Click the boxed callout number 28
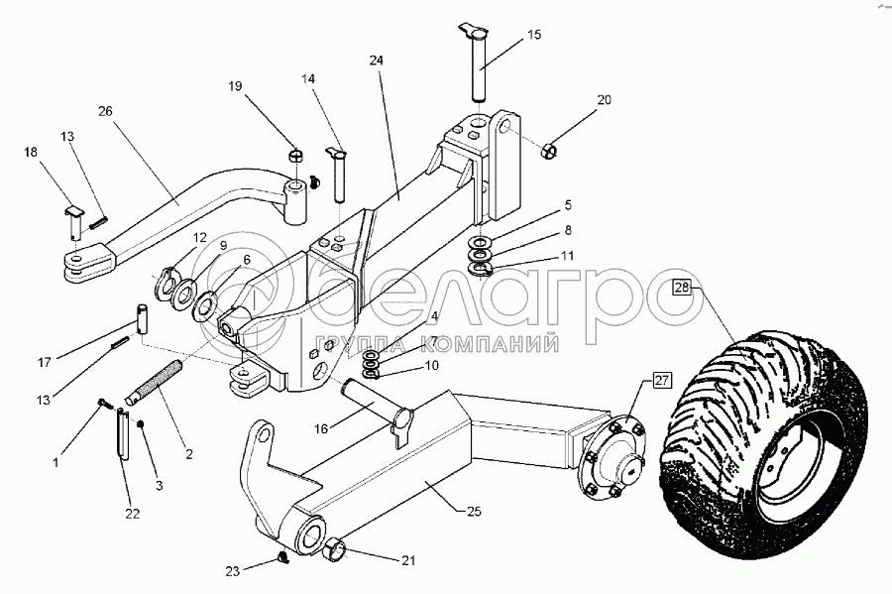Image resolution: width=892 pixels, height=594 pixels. (x=682, y=288)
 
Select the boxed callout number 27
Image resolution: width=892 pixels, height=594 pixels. (x=663, y=379)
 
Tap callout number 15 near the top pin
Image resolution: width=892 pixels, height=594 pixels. (x=534, y=35)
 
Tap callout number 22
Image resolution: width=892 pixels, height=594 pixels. (x=132, y=513)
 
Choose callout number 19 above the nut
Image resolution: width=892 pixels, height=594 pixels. (x=234, y=86)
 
